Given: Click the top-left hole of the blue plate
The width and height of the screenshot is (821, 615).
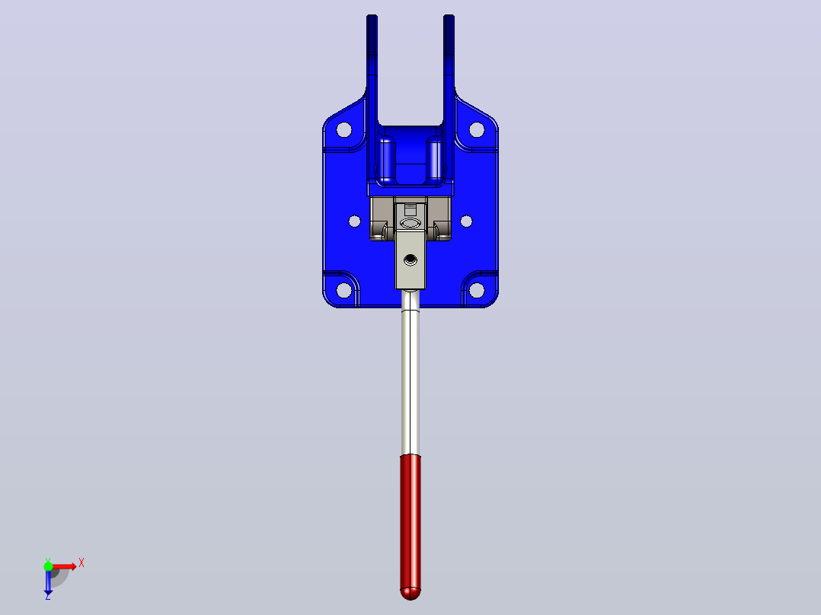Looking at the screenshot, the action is (x=344, y=129).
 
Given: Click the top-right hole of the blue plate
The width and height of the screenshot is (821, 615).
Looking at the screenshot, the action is (x=477, y=129).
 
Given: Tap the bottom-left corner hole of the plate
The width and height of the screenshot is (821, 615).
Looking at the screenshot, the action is (x=344, y=289).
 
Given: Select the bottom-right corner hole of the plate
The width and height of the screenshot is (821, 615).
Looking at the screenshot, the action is (x=477, y=289).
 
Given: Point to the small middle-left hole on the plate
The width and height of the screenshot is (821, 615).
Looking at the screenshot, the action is (x=354, y=221).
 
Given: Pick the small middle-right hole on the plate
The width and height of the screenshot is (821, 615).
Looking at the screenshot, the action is (x=466, y=221).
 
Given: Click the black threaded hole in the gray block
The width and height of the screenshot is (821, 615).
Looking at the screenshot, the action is (x=410, y=260).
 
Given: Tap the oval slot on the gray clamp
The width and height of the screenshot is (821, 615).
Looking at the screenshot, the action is (x=410, y=224).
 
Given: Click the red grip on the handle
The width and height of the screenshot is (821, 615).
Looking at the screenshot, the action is (x=410, y=527).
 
